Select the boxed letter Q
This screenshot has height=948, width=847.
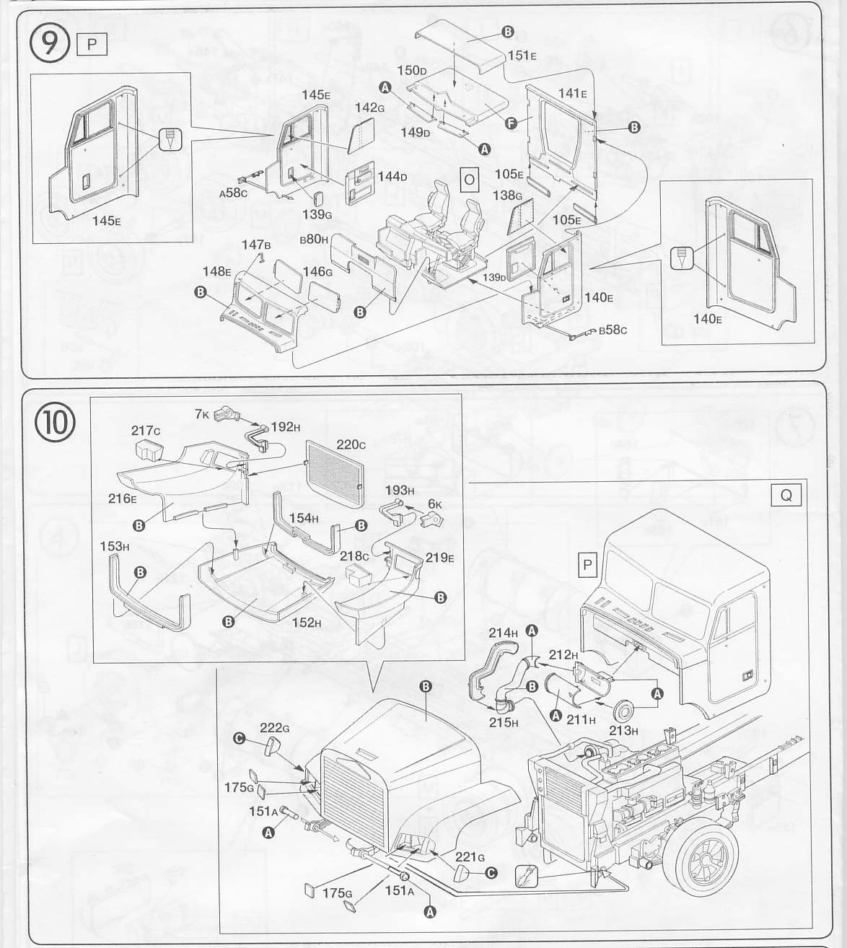[786, 495]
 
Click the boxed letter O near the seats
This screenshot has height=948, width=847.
[469, 179]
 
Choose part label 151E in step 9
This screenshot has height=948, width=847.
[522, 56]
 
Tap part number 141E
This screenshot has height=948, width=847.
[572, 93]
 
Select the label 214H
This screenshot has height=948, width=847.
[503, 633]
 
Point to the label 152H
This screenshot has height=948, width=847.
[306, 622]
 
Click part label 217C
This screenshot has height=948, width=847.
[146, 431]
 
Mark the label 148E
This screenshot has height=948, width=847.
[216, 271]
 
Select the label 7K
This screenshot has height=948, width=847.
[201, 413]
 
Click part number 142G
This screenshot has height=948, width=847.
[369, 107]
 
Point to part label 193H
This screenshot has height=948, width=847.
[400, 491]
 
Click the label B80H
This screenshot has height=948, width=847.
[314, 238]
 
